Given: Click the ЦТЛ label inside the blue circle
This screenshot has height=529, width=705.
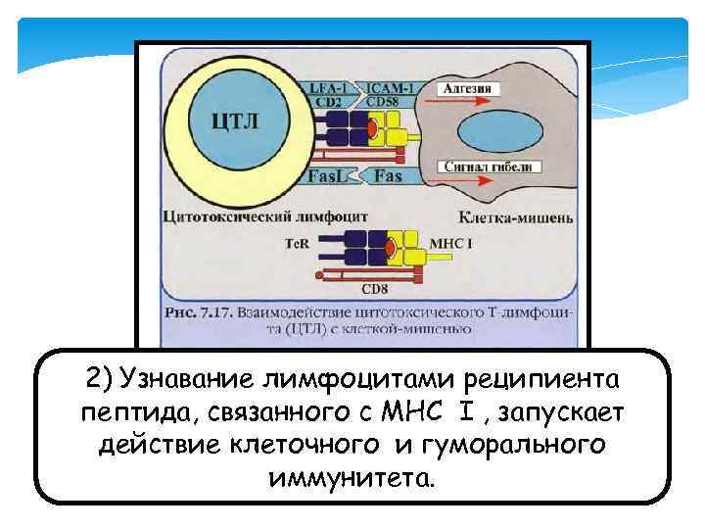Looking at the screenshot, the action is point(236,122).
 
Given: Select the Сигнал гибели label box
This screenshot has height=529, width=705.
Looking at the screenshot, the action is point(487,167).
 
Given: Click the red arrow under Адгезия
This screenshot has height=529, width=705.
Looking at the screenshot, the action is point(471,101).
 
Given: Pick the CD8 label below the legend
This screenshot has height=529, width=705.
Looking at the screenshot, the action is point(374,289).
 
